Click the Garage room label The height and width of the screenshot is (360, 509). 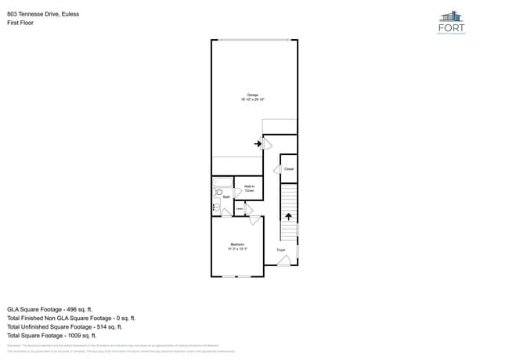coord(253,95)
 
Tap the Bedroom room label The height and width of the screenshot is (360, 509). coord(236,244)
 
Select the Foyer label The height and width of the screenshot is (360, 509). coord(281,250)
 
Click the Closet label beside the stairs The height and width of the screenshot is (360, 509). coord(288,169)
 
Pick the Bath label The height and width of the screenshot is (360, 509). coord(226,197)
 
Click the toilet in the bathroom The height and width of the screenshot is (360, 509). coord(219,191)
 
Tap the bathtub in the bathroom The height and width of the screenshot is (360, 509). coord(223,182)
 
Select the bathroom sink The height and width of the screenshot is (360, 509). coord(216,207)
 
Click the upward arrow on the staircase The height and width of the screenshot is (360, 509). coord(288,217)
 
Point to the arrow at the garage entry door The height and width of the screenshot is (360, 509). coord(258,143)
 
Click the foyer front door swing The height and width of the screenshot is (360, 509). coord(284,260)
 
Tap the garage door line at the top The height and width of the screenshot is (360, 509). coord(254,40)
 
